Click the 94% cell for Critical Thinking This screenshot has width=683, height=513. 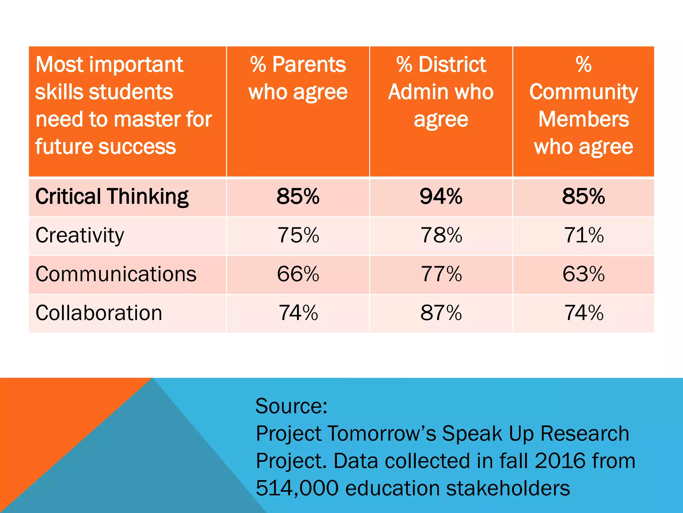(441, 196)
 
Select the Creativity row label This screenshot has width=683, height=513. (80, 235)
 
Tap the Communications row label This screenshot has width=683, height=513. (116, 274)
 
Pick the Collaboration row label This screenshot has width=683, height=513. (99, 313)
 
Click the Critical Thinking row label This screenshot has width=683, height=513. (112, 196)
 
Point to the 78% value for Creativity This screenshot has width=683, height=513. (441, 235)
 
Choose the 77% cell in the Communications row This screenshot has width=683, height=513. (441, 274)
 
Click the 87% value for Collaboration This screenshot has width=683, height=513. (441, 313)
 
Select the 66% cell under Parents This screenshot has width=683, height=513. (298, 274)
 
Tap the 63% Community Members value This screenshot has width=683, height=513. (583, 274)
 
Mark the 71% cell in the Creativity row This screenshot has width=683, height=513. (583, 235)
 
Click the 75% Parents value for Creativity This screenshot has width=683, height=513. (298, 235)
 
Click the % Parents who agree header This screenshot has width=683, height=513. (298, 78)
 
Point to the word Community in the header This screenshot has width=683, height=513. (583, 92)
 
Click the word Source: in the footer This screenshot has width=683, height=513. (291, 406)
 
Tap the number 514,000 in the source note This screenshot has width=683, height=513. (297, 488)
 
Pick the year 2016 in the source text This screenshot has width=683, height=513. (560, 461)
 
